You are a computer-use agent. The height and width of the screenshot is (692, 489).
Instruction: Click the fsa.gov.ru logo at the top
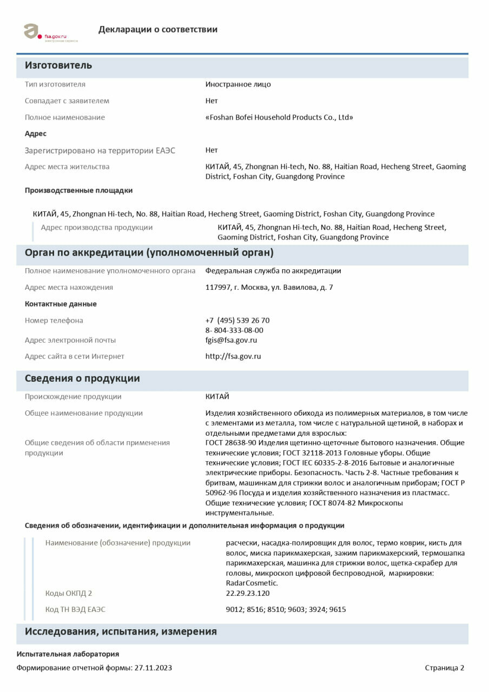point(50,32)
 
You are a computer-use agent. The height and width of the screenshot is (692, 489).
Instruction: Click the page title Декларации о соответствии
point(158,30)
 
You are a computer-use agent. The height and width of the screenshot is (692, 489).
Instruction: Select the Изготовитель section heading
point(58,65)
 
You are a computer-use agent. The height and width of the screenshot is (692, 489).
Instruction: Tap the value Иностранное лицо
point(238,84)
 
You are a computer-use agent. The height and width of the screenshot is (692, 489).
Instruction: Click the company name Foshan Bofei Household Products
point(279,117)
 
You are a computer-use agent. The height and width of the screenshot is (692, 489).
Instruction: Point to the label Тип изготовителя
point(55,84)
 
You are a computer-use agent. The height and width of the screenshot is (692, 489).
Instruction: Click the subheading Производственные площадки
point(78,190)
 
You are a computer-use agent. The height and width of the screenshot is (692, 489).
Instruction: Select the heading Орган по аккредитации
point(149,253)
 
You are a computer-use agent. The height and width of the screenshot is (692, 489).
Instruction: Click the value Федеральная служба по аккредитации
point(273,271)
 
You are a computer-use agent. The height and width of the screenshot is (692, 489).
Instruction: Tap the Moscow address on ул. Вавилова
point(269,288)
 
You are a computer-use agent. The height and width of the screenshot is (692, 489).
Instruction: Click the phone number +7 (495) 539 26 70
point(237,321)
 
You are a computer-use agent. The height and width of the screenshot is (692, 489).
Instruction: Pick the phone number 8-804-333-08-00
point(234,330)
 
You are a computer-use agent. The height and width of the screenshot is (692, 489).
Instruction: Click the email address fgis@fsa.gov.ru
point(231,340)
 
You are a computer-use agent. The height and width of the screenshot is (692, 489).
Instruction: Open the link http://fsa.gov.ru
point(233,356)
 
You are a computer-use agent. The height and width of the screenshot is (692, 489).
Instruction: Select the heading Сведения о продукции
point(82,378)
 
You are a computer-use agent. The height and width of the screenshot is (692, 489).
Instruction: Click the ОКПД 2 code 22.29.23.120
point(248,593)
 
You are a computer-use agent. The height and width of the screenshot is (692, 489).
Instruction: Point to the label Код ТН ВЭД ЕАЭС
point(75,609)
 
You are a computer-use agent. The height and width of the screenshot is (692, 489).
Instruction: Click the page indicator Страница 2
point(444,668)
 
